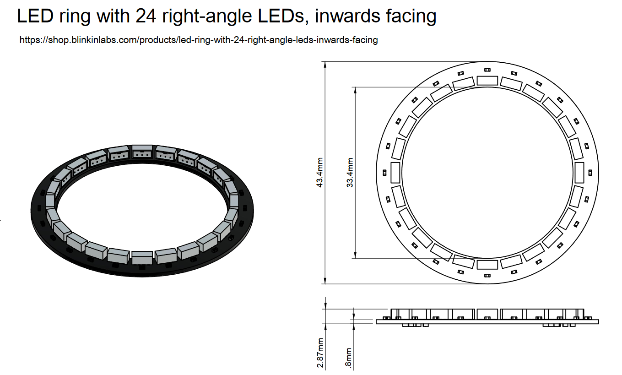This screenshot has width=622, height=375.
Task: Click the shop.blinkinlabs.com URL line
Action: (198, 40)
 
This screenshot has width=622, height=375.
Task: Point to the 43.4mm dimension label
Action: (321, 173)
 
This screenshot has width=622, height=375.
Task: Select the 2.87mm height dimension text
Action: (320, 353)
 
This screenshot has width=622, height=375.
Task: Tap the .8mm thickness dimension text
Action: (349, 358)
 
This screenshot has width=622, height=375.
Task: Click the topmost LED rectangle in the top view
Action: (487, 80)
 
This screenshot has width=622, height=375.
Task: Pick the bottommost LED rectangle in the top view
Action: (487, 265)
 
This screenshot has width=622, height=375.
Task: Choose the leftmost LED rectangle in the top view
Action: (395, 173)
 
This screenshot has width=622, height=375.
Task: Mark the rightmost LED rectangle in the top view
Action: (579, 173)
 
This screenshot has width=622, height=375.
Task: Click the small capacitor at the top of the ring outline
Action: (487, 70)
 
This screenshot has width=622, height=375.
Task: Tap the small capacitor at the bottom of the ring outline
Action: (487, 276)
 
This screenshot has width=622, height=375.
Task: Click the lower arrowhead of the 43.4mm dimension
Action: (325, 280)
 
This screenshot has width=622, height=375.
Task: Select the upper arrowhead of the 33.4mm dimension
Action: (355, 90)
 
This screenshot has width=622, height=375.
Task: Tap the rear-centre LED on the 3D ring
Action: (142, 152)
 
